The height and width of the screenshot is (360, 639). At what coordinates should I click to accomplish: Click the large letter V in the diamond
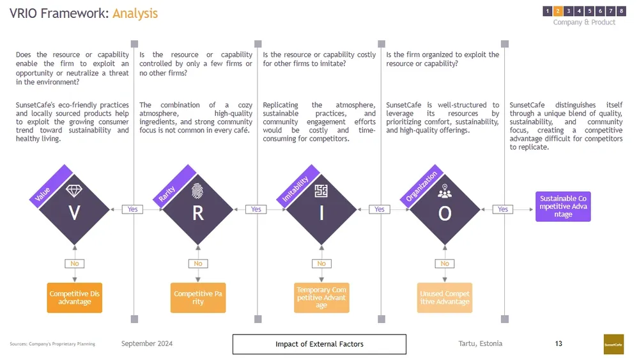point(75,214)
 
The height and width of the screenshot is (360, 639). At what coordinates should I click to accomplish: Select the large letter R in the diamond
point(198,214)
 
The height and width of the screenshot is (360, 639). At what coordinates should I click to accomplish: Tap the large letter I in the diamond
point(321,214)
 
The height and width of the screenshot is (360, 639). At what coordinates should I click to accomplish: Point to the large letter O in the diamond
point(445,214)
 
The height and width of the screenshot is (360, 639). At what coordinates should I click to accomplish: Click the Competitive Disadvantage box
point(75,298)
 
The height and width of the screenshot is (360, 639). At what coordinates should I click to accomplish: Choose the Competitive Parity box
point(198,298)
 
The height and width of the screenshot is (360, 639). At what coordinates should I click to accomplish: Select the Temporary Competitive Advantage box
point(321,298)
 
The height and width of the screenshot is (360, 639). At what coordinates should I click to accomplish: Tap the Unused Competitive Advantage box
point(445,298)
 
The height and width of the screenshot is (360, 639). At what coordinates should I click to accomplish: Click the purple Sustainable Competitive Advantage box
point(563,207)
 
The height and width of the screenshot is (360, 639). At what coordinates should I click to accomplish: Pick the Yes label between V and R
point(132,209)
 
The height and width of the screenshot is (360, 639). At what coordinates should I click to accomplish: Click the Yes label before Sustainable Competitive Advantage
point(503,209)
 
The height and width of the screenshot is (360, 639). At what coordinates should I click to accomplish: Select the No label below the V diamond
point(75,263)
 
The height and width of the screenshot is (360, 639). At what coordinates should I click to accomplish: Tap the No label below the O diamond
point(445,263)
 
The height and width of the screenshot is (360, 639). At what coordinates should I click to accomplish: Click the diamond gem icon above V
point(74,191)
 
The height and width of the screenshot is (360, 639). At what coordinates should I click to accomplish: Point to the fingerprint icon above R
point(197,191)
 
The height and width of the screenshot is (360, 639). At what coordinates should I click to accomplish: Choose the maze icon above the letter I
point(321,191)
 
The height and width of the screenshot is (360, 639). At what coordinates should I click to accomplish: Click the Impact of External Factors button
point(319,344)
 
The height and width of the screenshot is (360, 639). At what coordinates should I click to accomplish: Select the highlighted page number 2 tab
point(558,11)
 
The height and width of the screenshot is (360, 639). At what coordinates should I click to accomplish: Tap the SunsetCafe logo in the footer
point(613,344)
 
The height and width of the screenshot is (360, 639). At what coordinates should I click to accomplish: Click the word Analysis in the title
point(135,13)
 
